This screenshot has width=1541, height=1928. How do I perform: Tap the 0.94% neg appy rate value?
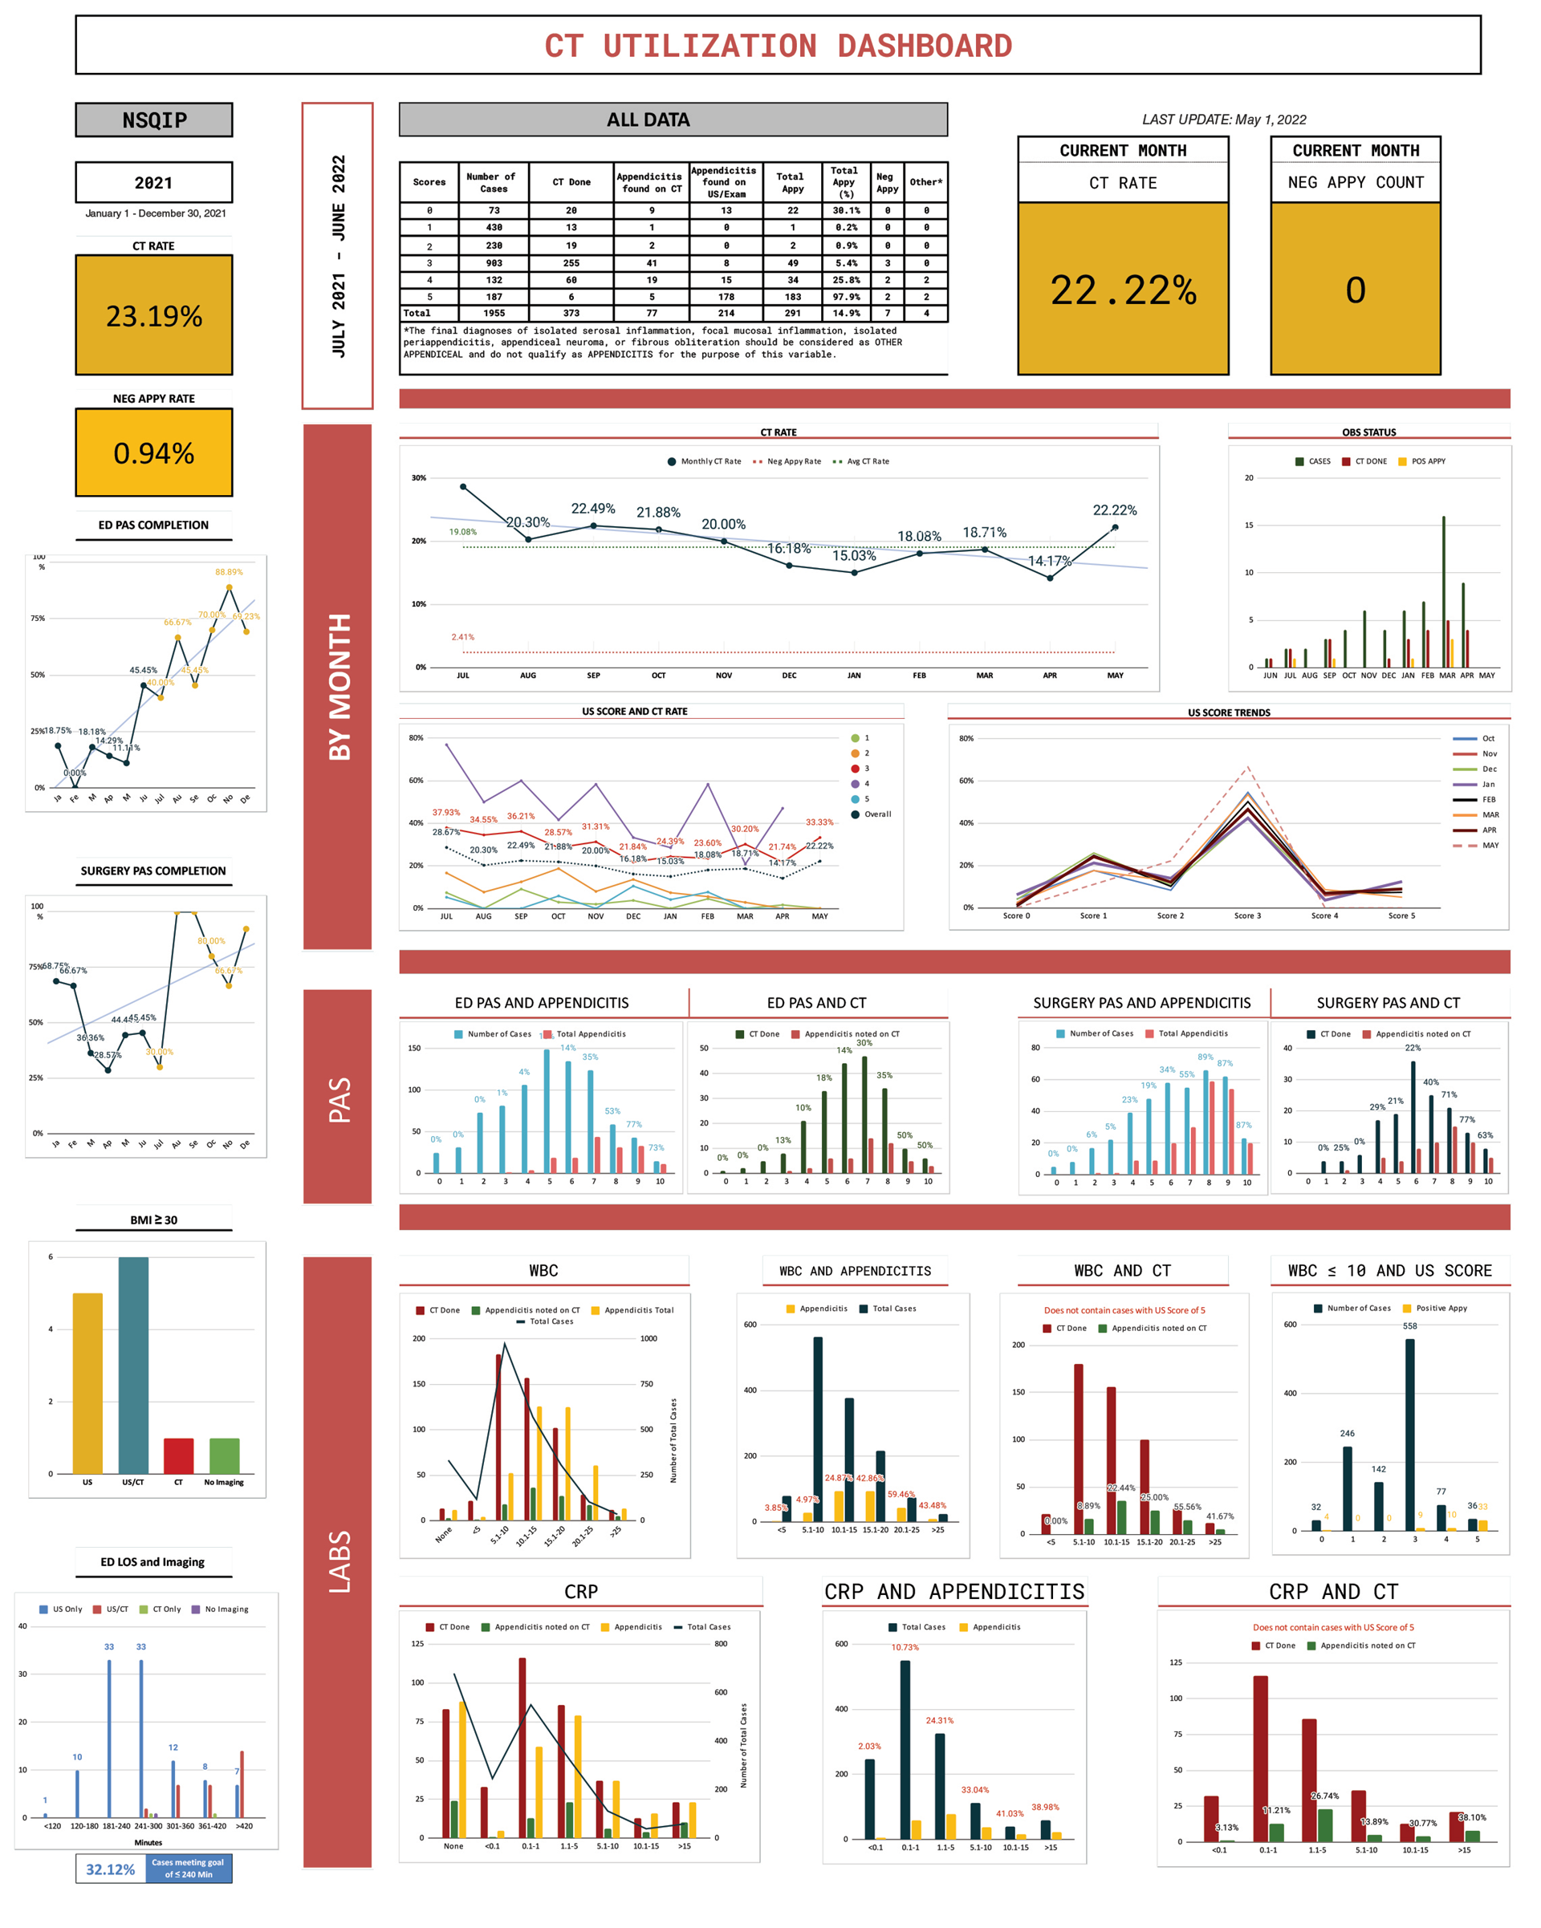(x=154, y=453)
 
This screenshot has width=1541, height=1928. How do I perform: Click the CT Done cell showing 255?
(x=571, y=263)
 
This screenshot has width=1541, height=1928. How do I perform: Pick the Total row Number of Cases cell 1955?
(x=494, y=313)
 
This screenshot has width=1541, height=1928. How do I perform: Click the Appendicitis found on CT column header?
(x=650, y=182)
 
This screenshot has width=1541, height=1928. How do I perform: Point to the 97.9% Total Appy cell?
(x=845, y=297)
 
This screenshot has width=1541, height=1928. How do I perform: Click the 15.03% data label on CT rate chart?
(x=853, y=555)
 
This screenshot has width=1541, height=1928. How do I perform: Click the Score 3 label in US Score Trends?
(x=1246, y=915)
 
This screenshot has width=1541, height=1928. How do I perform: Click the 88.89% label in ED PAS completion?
(x=228, y=571)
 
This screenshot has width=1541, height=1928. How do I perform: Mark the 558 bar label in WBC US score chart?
(x=1409, y=1326)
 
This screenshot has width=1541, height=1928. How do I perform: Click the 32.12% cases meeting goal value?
(x=110, y=1869)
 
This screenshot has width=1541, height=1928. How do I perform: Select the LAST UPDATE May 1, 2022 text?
(x=1222, y=120)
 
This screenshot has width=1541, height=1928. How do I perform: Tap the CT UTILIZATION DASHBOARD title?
(x=777, y=46)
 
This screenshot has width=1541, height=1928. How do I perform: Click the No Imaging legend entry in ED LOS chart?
(x=226, y=1609)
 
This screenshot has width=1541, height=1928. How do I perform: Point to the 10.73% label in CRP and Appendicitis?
(x=905, y=1647)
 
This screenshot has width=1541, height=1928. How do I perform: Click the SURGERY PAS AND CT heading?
(x=1387, y=1002)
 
